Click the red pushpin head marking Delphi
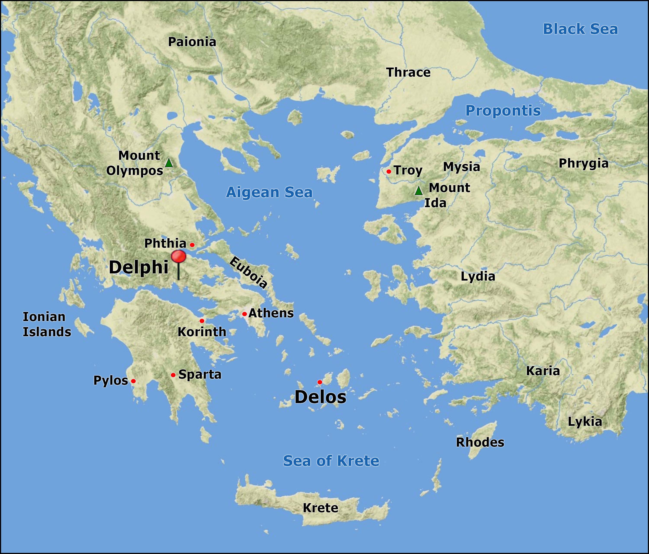click(178, 257)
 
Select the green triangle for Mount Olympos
click(169, 163)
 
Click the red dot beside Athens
click(244, 314)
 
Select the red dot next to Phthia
click(192, 245)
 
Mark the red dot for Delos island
click(320, 382)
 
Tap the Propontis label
click(503, 111)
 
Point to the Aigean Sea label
click(269, 192)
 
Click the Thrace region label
click(408, 73)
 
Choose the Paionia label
click(192, 42)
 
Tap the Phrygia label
click(583, 163)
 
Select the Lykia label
click(585, 422)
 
